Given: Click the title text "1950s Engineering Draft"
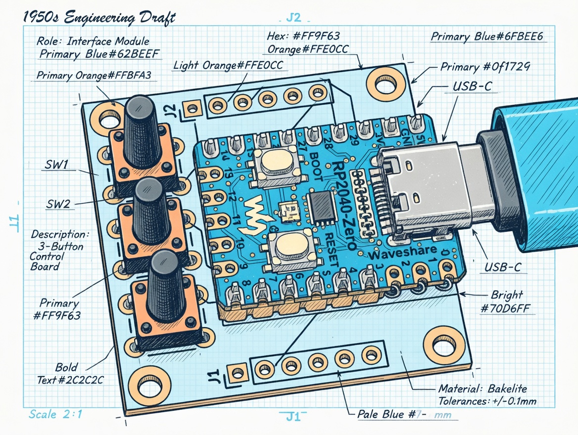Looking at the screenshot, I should click(x=99, y=19).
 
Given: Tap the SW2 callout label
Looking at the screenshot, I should click(x=58, y=203).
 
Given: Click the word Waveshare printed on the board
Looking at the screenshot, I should click(x=402, y=252).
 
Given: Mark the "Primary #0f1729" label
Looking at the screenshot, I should click(x=485, y=67).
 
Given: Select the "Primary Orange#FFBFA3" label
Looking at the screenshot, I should click(x=94, y=75).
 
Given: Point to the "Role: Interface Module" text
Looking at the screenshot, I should click(x=93, y=41).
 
